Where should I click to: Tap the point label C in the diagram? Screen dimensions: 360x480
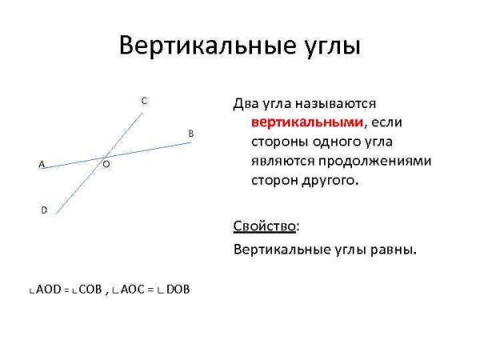coord(143,101)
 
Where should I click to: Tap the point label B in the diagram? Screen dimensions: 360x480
coord(190,132)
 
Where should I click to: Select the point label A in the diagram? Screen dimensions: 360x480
coord(42,164)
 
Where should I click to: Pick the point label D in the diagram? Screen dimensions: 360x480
coord(44,210)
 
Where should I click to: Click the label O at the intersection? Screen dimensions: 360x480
coord(106,164)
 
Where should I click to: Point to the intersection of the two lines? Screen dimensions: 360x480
coord(104,156)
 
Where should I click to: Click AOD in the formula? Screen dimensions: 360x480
coord(49,290)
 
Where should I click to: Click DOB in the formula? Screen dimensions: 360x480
coord(178,290)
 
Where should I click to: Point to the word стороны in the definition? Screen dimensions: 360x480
coord(275,142)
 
